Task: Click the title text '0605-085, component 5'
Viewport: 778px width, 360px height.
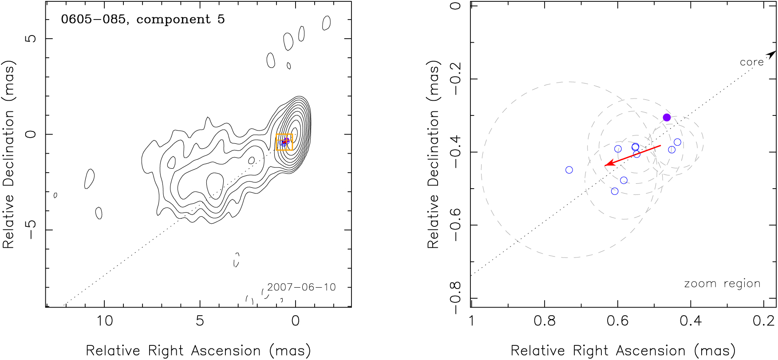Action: pyautogui.click(x=142, y=20)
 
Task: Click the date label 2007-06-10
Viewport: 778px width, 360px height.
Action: pyautogui.click(x=301, y=287)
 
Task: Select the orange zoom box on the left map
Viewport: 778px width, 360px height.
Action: pyautogui.click(x=284, y=142)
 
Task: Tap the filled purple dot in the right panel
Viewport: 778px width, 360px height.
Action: pyautogui.click(x=667, y=117)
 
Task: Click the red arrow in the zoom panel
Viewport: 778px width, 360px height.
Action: pyautogui.click(x=632, y=155)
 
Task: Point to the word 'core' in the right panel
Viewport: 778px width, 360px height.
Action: pyautogui.click(x=751, y=63)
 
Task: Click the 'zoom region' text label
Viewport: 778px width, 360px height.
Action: pyautogui.click(x=722, y=284)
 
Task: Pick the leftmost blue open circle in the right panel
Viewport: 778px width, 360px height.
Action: pyautogui.click(x=569, y=170)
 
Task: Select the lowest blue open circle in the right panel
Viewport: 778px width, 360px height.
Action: pyautogui.click(x=615, y=191)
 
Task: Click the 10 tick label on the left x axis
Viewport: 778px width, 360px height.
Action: pyautogui.click(x=104, y=320)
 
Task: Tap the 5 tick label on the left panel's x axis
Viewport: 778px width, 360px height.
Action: pyautogui.click(x=200, y=320)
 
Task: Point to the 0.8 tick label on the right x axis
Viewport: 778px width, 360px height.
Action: pyautogui.click(x=545, y=320)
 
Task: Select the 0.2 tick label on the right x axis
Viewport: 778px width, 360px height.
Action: pyautogui.click(x=763, y=320)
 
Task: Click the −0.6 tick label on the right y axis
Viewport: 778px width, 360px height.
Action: pyautogui.click(x=456, y=225)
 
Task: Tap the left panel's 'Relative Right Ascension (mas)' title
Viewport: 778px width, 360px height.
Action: pyautogui.click(x=198, y=351)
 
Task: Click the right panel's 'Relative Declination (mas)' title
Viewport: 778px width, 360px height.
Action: pyautogui.click(x=433, y=154)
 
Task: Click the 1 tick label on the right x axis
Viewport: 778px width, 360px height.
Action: pyautogui.click(x=471, y=320)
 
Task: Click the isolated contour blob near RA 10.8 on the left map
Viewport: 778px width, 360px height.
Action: pyautogui.click(x=89, y=178)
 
